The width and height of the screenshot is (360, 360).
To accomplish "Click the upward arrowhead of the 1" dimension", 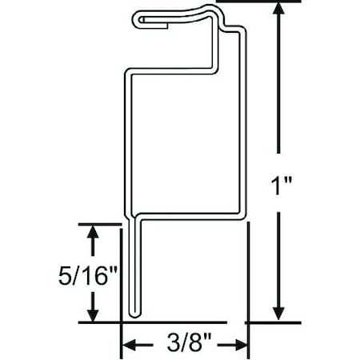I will point(278,10).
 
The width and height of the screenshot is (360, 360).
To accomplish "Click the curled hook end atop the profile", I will point(140,17).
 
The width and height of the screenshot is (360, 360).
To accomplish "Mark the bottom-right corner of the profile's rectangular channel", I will point(240,215).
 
